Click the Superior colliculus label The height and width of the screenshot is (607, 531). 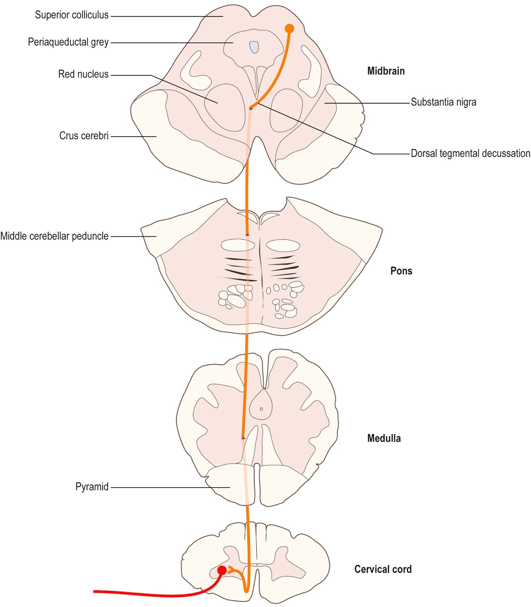(x=72, y=15)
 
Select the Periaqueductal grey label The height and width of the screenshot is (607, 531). (x=68, y=42)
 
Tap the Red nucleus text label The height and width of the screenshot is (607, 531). (x=83, y=74)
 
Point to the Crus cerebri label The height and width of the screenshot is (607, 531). (x=84, y=136)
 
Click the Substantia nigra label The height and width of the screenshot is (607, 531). (x=443, y=102)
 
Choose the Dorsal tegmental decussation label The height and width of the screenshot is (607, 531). (x=470, y=154)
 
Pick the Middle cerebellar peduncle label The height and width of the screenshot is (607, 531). (x=55, y=236)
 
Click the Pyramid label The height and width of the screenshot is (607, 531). (x=92, y=487)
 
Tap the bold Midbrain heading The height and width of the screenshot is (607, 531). (x=386, y=71)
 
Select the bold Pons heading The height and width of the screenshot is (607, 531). (x=401, y=271)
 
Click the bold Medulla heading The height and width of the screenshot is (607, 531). (x=384, y=439)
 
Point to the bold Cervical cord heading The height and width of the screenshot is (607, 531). (x=383, y=569)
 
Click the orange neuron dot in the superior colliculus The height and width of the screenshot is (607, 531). (x=289, y=29)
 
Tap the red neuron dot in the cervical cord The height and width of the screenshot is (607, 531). (x=222, y=570)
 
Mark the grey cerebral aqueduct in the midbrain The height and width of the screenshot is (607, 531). (x=254, y=47)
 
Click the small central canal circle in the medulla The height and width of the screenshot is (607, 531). (x=262, y=409)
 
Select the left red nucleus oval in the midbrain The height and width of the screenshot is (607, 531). (x=225, y=107)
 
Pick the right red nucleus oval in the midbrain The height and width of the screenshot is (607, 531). (x=286, y=111)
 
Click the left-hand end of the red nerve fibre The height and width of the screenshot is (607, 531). (x=94, y=591)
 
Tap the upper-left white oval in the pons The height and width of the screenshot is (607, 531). (x=238, y=245)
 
